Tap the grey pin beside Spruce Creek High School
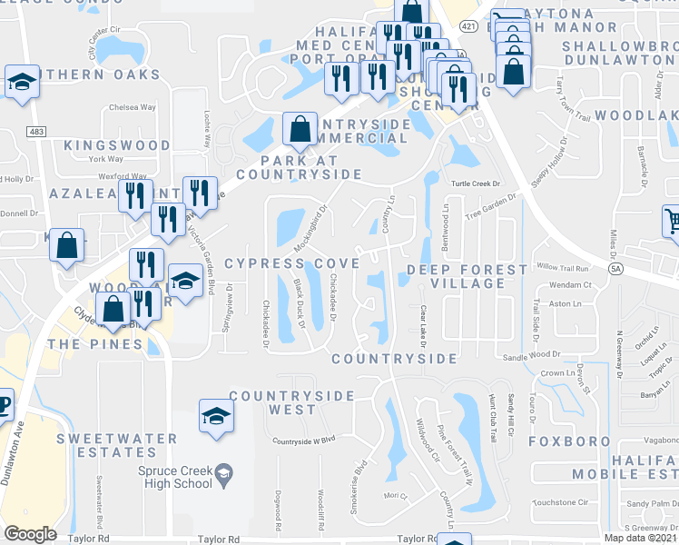coord(223,473)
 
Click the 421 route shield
coord(467,27)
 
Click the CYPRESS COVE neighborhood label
coord(291,263)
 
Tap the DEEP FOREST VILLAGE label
coord(467,276)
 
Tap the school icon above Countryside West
coord(216,416)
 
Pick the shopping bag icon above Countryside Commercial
coord(300,130)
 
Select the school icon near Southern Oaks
coord(21,81)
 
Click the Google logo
coord(30,533)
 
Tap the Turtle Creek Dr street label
coord(477,183)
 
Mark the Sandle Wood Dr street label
coord(527,358)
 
